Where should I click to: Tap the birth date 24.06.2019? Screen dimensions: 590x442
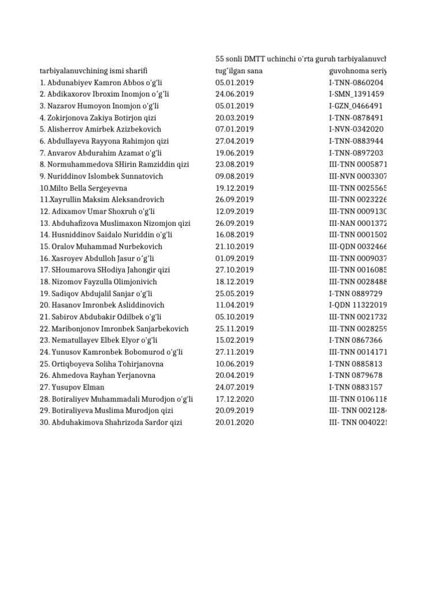234,94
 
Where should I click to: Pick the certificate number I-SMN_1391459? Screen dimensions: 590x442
356,94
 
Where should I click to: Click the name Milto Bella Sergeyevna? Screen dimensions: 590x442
83,188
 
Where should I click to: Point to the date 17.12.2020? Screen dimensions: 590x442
234,399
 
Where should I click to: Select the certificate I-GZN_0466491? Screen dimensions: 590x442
356,106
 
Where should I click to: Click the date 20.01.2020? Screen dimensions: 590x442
234,422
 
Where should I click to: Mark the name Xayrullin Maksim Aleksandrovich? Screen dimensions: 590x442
102,199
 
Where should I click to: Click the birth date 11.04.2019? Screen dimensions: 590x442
234,305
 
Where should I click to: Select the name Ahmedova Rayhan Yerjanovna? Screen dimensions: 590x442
97,375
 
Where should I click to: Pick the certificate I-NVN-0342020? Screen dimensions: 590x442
356,129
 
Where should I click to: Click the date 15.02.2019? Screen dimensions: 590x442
234,340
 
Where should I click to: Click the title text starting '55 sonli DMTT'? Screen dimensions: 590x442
300,59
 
